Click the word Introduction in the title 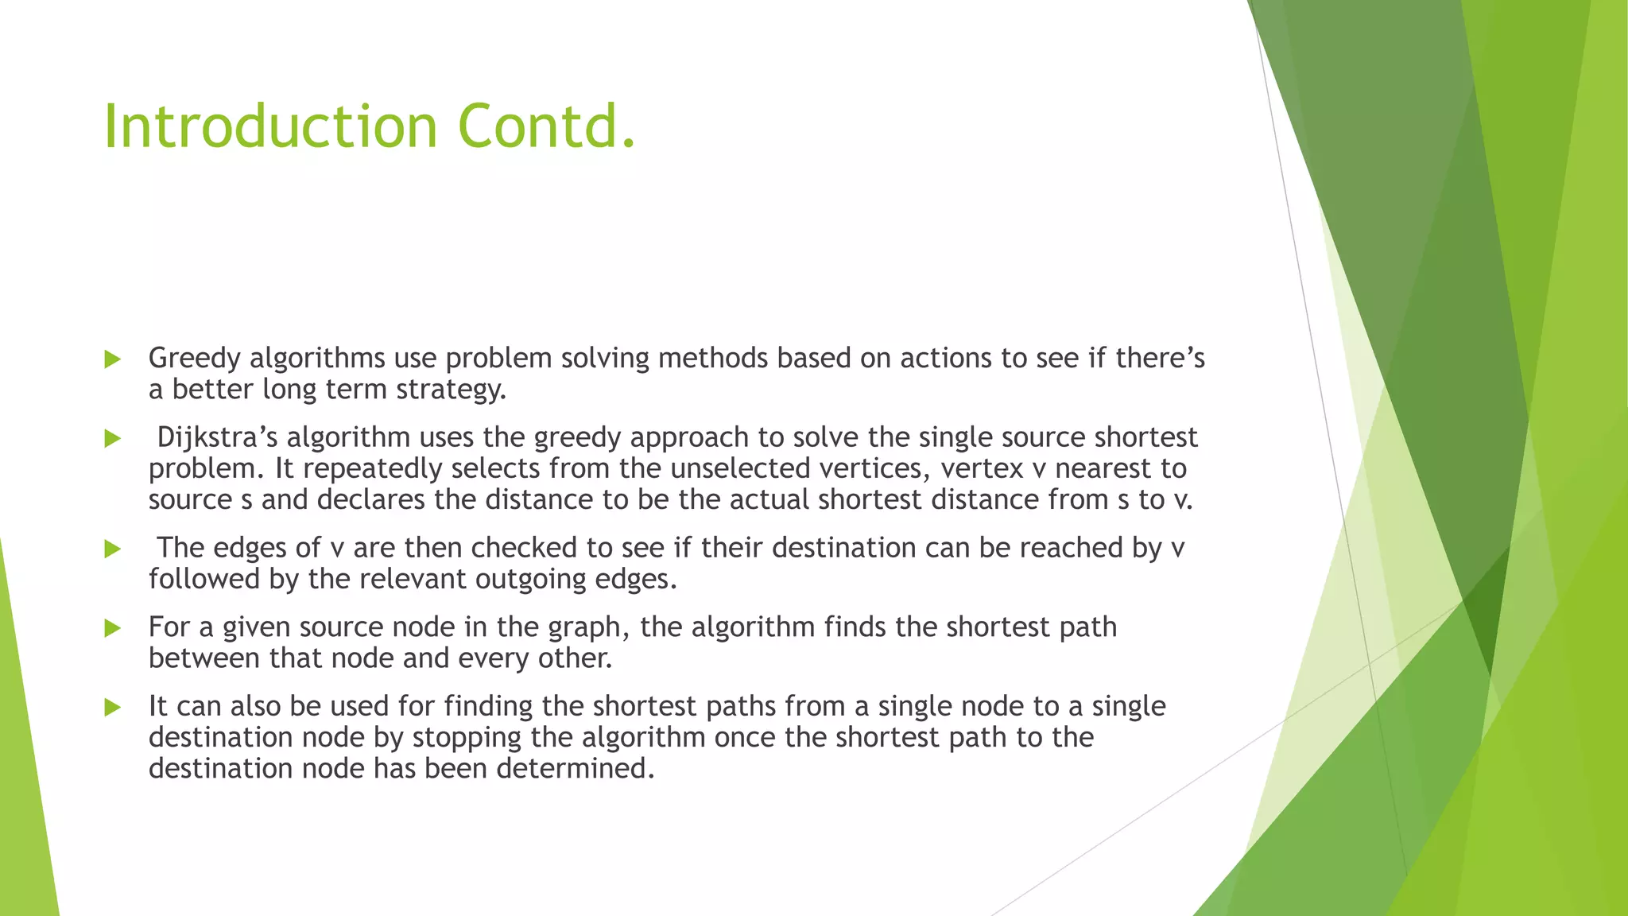tap(270, 127)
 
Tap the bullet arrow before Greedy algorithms tap(112, 359)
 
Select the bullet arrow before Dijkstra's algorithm tap(112, 438)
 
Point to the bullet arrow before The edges tap(112, 549)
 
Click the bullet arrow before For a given tap(112, 628)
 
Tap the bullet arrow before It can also tap(112, 707)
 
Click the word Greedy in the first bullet tap(194, 359)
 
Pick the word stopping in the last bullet tap(467, 737)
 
